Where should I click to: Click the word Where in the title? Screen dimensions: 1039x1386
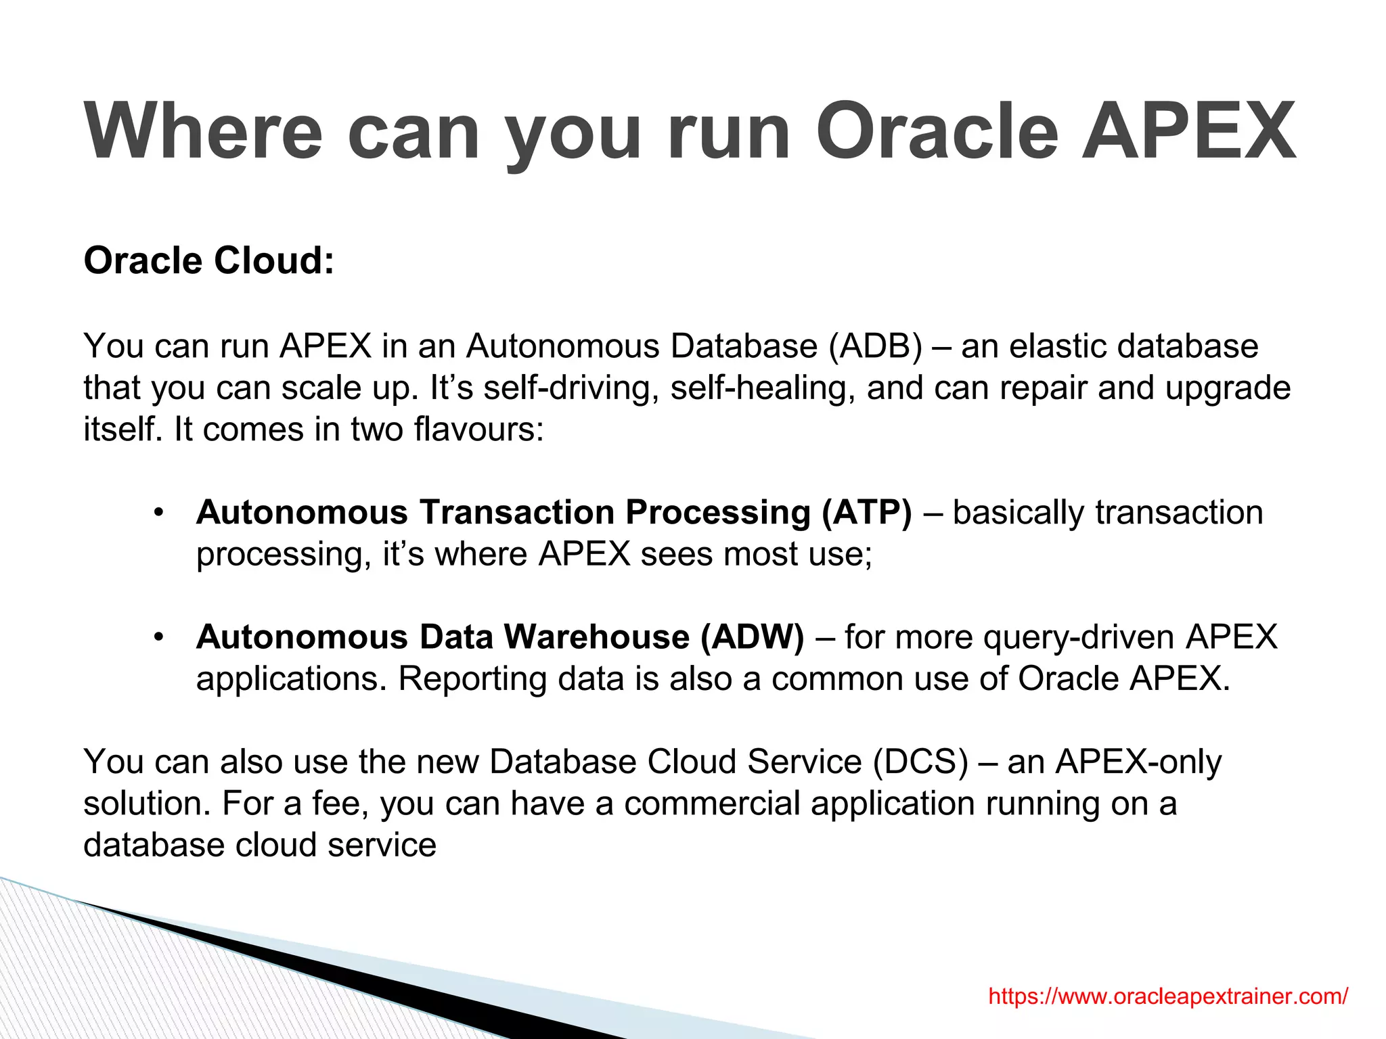click(203, 131)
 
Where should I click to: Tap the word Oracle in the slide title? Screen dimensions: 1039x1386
click(937, 131)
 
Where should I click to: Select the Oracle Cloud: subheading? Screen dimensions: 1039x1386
click(209, 260)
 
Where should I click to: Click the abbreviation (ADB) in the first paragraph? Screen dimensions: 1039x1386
click(875, 346)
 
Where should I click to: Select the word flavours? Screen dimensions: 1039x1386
click(478, 430)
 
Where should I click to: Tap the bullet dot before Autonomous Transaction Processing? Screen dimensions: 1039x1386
click(158, 512)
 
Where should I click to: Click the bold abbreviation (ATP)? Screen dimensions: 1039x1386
click(866, 512)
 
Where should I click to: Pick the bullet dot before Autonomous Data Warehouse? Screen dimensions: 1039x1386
click(158, 637)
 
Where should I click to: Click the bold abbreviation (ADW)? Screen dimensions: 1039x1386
click(752, 637)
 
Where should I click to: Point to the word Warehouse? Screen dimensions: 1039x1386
click(596, 637)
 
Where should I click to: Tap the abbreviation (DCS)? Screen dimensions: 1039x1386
click(921, 762)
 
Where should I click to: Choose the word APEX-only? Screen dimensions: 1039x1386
click(1138, 762)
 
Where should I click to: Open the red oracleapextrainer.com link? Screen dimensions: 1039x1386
click(1168, 996)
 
